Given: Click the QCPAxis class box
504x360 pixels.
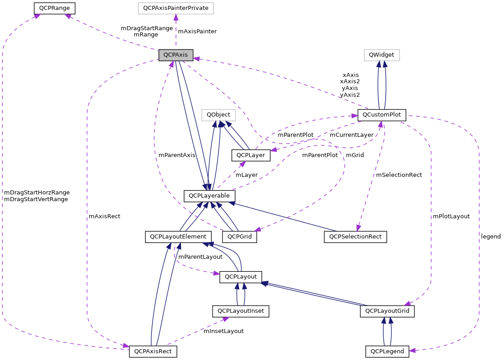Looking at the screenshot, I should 176,55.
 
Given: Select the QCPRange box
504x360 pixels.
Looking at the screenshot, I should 54,8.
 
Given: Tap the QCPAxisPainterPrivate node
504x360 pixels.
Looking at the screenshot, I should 176,8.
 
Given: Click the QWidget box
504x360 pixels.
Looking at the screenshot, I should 381,55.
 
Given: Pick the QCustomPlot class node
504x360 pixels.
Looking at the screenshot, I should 381,115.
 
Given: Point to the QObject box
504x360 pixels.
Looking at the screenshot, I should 218,115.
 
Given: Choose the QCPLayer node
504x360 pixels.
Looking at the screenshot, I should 251,155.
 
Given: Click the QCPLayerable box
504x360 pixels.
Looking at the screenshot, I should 209,196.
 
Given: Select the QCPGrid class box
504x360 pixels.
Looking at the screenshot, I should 240,236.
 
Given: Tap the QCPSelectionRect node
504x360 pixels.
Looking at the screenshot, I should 355,236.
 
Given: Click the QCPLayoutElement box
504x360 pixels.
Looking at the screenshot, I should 178,236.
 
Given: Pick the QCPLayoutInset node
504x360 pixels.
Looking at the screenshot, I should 241,311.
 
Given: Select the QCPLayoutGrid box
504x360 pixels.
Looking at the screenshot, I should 387,311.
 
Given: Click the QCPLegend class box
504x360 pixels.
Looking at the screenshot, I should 387,351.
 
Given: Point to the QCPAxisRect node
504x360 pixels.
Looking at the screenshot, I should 153,351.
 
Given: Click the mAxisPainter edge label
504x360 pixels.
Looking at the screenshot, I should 197,31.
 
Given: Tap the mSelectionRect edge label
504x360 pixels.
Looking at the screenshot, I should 399,175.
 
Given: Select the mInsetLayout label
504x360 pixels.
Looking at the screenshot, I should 223,331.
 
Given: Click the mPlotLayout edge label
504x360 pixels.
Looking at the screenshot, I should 451,216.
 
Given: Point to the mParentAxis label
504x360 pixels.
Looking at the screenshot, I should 177,155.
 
